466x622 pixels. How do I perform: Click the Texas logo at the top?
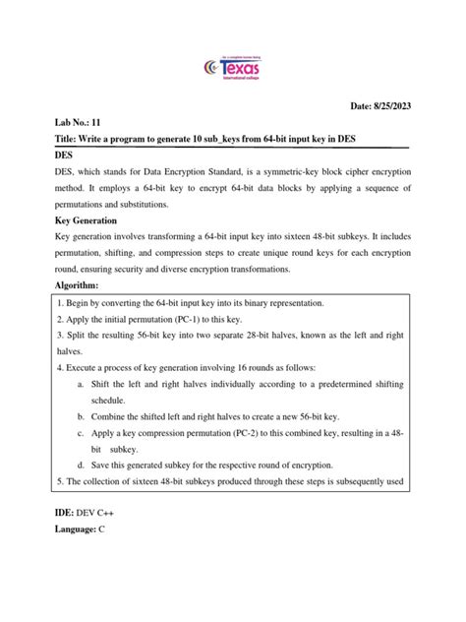pyautogui.click(x=232, y=69)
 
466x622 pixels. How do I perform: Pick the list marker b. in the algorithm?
pyautogui.click(x=79, y=416)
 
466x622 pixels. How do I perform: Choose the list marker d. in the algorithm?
pyautogui.click(x=79, y=464)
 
